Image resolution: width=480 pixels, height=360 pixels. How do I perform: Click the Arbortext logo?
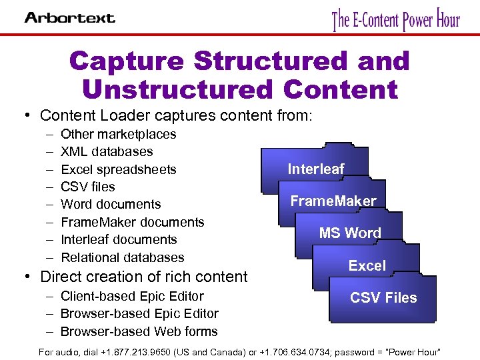coord(70,17)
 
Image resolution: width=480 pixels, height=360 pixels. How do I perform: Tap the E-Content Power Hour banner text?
coord(396,19)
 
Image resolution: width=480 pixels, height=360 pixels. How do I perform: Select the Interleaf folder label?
coord(316,169)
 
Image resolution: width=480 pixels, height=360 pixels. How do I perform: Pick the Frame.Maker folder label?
coord(333,201)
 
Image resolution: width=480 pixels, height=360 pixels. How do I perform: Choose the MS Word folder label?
coord(350,233)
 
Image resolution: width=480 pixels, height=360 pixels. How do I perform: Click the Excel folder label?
coord(367,265)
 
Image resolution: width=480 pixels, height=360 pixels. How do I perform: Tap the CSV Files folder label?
coord(383,297)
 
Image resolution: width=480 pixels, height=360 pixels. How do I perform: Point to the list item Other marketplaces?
coord(119,134)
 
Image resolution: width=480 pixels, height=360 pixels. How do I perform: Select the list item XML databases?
coord(107,151)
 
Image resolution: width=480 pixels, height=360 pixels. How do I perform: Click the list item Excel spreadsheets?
coord(119,169)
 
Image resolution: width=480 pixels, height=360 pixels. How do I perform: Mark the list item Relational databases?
coord(123,257)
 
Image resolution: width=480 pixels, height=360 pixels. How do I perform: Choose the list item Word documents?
coord(111,204)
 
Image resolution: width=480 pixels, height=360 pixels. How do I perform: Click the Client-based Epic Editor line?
coord(132,296)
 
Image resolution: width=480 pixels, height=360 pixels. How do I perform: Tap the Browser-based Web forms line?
coord(139,331)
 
